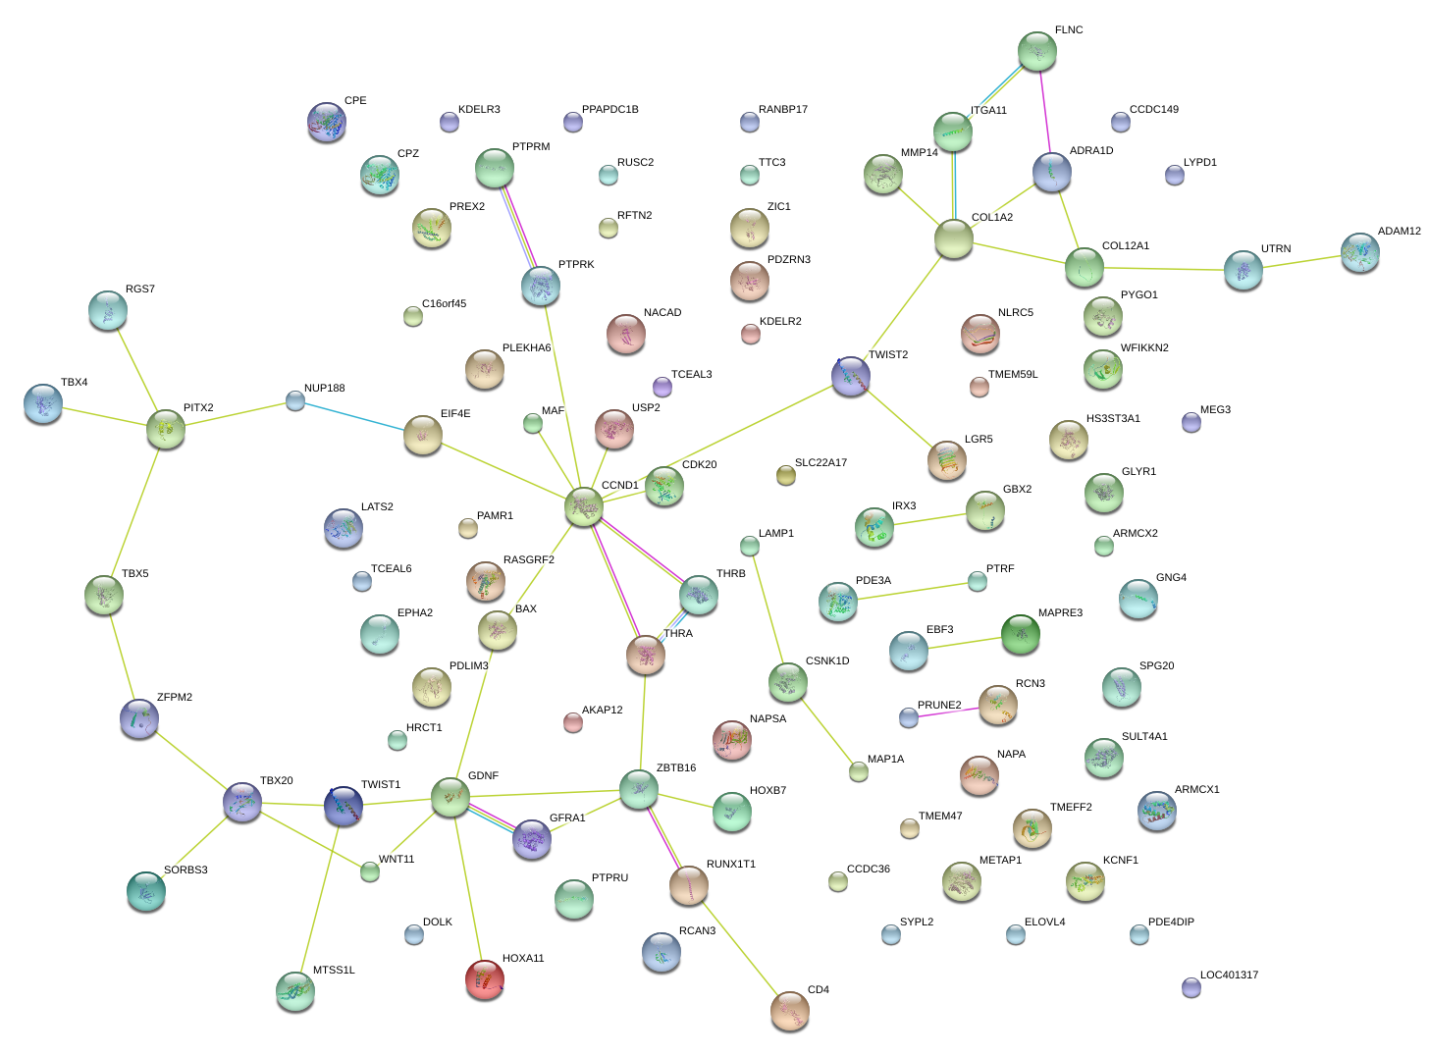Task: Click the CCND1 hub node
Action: [x=584, y=506]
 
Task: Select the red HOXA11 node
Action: [x=484, y=978]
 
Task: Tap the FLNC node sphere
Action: [x=1036, y=51]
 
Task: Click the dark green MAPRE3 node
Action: [x=1020, y=634]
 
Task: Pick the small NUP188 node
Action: [x=295, y=399]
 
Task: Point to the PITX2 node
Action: [x=166, y=429]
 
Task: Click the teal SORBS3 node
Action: [x=146, y=890]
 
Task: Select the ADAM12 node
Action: [x=1359, y=251]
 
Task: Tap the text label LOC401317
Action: [x=1229, y=975]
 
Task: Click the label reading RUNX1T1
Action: [x=730, y=865]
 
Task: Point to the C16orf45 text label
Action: [x=444, y=304]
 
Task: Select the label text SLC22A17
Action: [x=820, y=463]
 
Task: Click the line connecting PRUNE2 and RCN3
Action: [x=952, y=712]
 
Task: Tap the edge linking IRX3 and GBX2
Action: [x=928, y=519]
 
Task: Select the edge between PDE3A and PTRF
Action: [x=907, y=592]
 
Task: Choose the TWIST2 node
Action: [x=850, y=376]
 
